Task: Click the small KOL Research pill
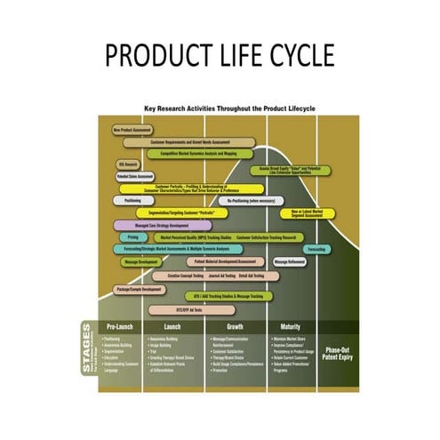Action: click(x=128, y=164)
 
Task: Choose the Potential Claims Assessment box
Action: click(x=134, y=176)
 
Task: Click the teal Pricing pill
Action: click(x=132, y=237)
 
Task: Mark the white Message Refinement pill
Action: click(x=291, y=262)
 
